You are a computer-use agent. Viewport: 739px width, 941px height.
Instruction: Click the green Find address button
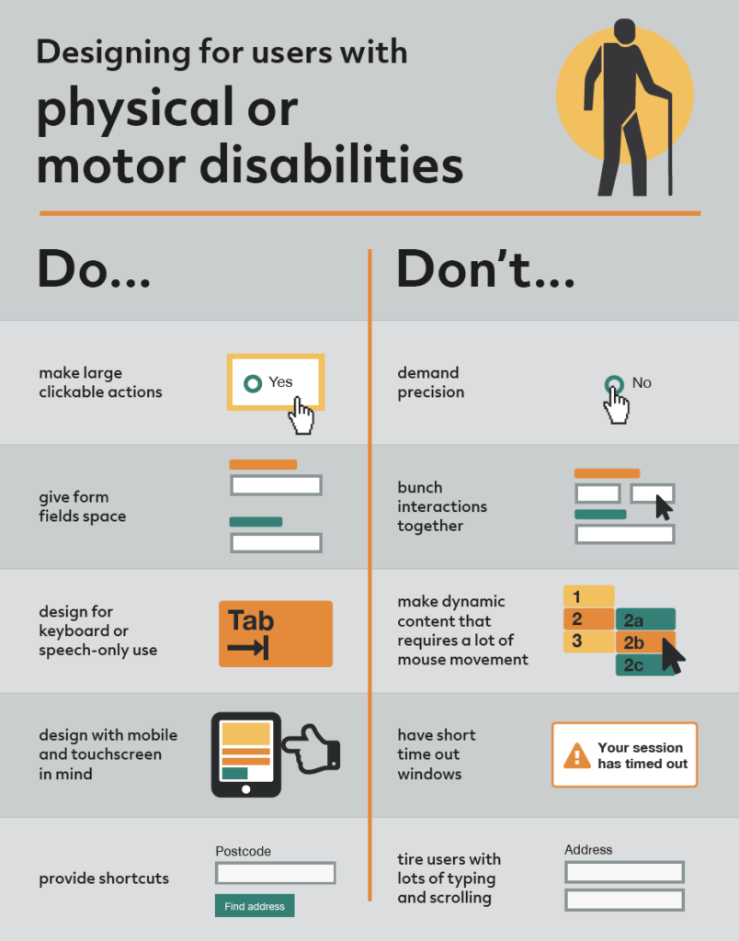(x=255, y=906)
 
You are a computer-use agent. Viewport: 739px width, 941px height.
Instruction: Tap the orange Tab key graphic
(x=275, y=633)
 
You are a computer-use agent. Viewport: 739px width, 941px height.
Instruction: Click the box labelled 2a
(x=644, y=619)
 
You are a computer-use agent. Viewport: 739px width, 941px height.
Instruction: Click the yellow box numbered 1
(x=587, y=596)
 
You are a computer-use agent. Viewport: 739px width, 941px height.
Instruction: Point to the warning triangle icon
(x=577, y=755)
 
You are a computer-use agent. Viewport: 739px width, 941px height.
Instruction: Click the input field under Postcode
(x=275, y=873)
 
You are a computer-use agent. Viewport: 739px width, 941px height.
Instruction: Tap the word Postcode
(x=243, y=851)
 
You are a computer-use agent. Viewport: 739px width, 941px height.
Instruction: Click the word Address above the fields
(x=588, y=850)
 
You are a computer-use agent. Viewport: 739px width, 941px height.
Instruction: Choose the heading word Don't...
(x=484, y=271)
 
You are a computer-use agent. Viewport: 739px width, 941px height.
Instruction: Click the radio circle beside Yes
(x=252, y=382)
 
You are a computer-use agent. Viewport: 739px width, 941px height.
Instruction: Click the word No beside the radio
(x=642, y=382)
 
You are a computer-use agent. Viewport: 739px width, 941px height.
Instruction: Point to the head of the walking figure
(x=625, y=33)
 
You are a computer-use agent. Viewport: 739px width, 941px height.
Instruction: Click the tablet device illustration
(x=246, y=754)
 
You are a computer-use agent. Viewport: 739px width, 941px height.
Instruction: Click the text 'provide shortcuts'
(x=104, y=879)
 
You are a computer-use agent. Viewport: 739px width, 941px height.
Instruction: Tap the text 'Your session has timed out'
(x=642, y=755)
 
